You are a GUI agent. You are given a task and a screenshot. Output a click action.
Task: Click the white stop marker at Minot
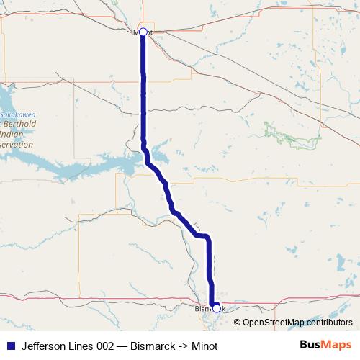point(143,32)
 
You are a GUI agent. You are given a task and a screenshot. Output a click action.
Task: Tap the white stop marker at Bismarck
point(216,308)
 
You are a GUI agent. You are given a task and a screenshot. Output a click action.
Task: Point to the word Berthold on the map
point(21,124)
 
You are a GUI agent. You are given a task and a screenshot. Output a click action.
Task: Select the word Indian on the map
point(14,134)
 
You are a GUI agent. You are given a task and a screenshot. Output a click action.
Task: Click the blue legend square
point(10,346)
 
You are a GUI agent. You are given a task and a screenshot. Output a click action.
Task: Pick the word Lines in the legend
point(81,346)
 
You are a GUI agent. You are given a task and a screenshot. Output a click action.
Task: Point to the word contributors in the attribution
point(330,323)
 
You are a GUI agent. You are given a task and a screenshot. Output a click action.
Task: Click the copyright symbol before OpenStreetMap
point(238,323)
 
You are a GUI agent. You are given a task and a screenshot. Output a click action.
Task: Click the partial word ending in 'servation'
point(17,144)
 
